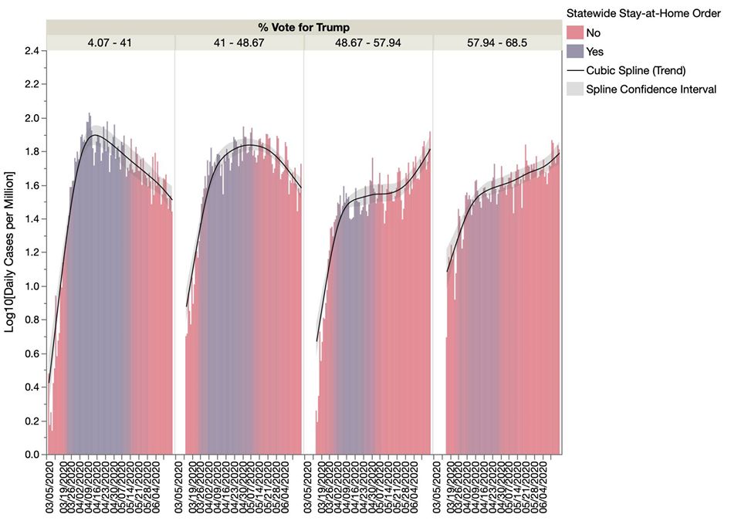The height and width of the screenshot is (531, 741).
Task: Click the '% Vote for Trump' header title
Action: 303,28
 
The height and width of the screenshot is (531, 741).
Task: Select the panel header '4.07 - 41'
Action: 110,42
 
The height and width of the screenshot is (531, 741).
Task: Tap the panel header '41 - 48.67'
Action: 239,42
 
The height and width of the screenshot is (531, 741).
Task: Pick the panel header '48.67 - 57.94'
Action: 368,42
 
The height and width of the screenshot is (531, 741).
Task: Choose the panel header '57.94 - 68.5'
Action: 497,42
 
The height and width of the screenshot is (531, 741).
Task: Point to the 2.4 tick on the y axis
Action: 32,51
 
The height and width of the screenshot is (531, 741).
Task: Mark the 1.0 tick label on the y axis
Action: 32,287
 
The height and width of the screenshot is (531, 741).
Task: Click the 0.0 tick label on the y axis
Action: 32,455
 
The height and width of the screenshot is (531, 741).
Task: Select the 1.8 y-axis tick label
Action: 32,152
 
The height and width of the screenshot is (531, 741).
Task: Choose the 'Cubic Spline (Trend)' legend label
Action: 636,70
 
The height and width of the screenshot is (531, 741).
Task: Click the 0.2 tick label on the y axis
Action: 32,421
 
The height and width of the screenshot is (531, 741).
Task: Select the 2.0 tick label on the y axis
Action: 32,118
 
